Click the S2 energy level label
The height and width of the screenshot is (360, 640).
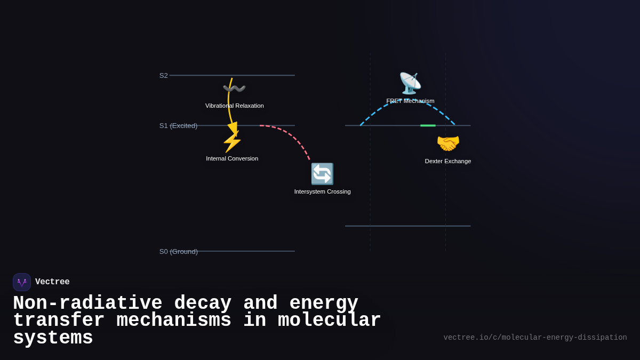pyautogui.click(x=163, y=75)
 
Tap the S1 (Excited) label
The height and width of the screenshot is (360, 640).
pyautogui.click(x=178, y=126)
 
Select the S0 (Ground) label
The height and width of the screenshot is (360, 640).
pyautogui.click(x=178, y=252)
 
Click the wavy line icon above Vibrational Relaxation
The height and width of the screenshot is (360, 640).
pyautogui.click(x=234, y=89)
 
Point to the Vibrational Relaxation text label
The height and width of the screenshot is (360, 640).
pyautogui.click(x=235, y=106)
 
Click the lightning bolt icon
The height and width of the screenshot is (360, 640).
pyautogui.click(x=232, y=141)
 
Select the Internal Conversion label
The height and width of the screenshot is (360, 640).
pyautogui.click(x=232, y=158)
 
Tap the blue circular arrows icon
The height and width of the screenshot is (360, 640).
pyautogui.click(x=322, y=174)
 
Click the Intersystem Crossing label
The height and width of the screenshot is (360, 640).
pyautogui.click(x=322, y=191)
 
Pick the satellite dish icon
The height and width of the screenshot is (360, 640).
pyautogui.click(x=410, y=83)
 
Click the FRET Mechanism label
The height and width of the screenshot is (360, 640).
pyautogui.click(x=410, y=101)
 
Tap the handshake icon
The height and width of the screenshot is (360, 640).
pyautogui.click(x=448, y=143)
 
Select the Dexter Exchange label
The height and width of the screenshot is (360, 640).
pyautogui.click(x=448, y=161)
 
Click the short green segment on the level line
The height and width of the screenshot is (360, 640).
pyautogui.click(x=428, y=125)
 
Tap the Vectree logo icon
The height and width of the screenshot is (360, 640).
pyautogui.click(x=22, y=282)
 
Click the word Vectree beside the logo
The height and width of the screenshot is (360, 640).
pyautogui.click(x=52, y=282)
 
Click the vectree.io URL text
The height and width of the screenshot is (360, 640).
pyautogui.click(x=535, y=338)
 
